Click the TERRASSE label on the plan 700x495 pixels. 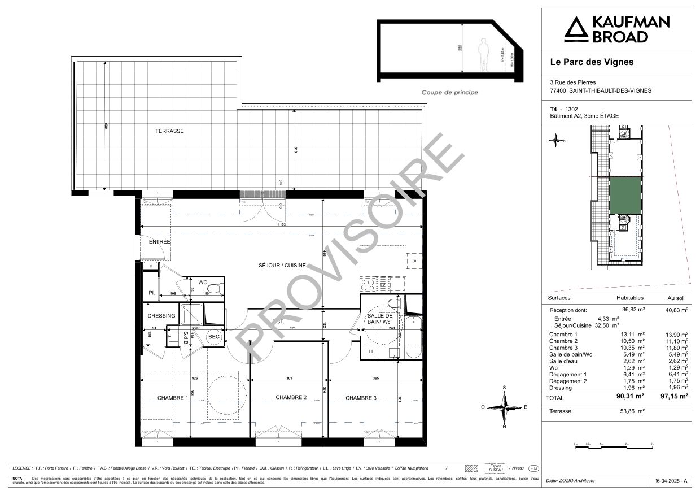[x=170, y=131]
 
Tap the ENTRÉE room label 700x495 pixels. [x=160, y=242]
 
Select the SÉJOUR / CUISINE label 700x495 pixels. [x=282, y=265]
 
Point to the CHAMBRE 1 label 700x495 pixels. [x=173, y=398]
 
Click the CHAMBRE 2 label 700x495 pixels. [x=291, y=398]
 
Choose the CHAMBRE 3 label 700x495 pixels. [x=361, y=398]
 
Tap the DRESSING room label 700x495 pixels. [x=161, y=316]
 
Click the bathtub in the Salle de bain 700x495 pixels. [x=413, y=337]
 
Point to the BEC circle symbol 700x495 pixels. [x=214, y=337]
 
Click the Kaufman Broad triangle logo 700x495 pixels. [x=576, y=29]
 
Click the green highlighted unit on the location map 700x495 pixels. [x=625, y=196]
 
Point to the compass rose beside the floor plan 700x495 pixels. [x=504, y=407]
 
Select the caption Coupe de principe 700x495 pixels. [x=450, y=92]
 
